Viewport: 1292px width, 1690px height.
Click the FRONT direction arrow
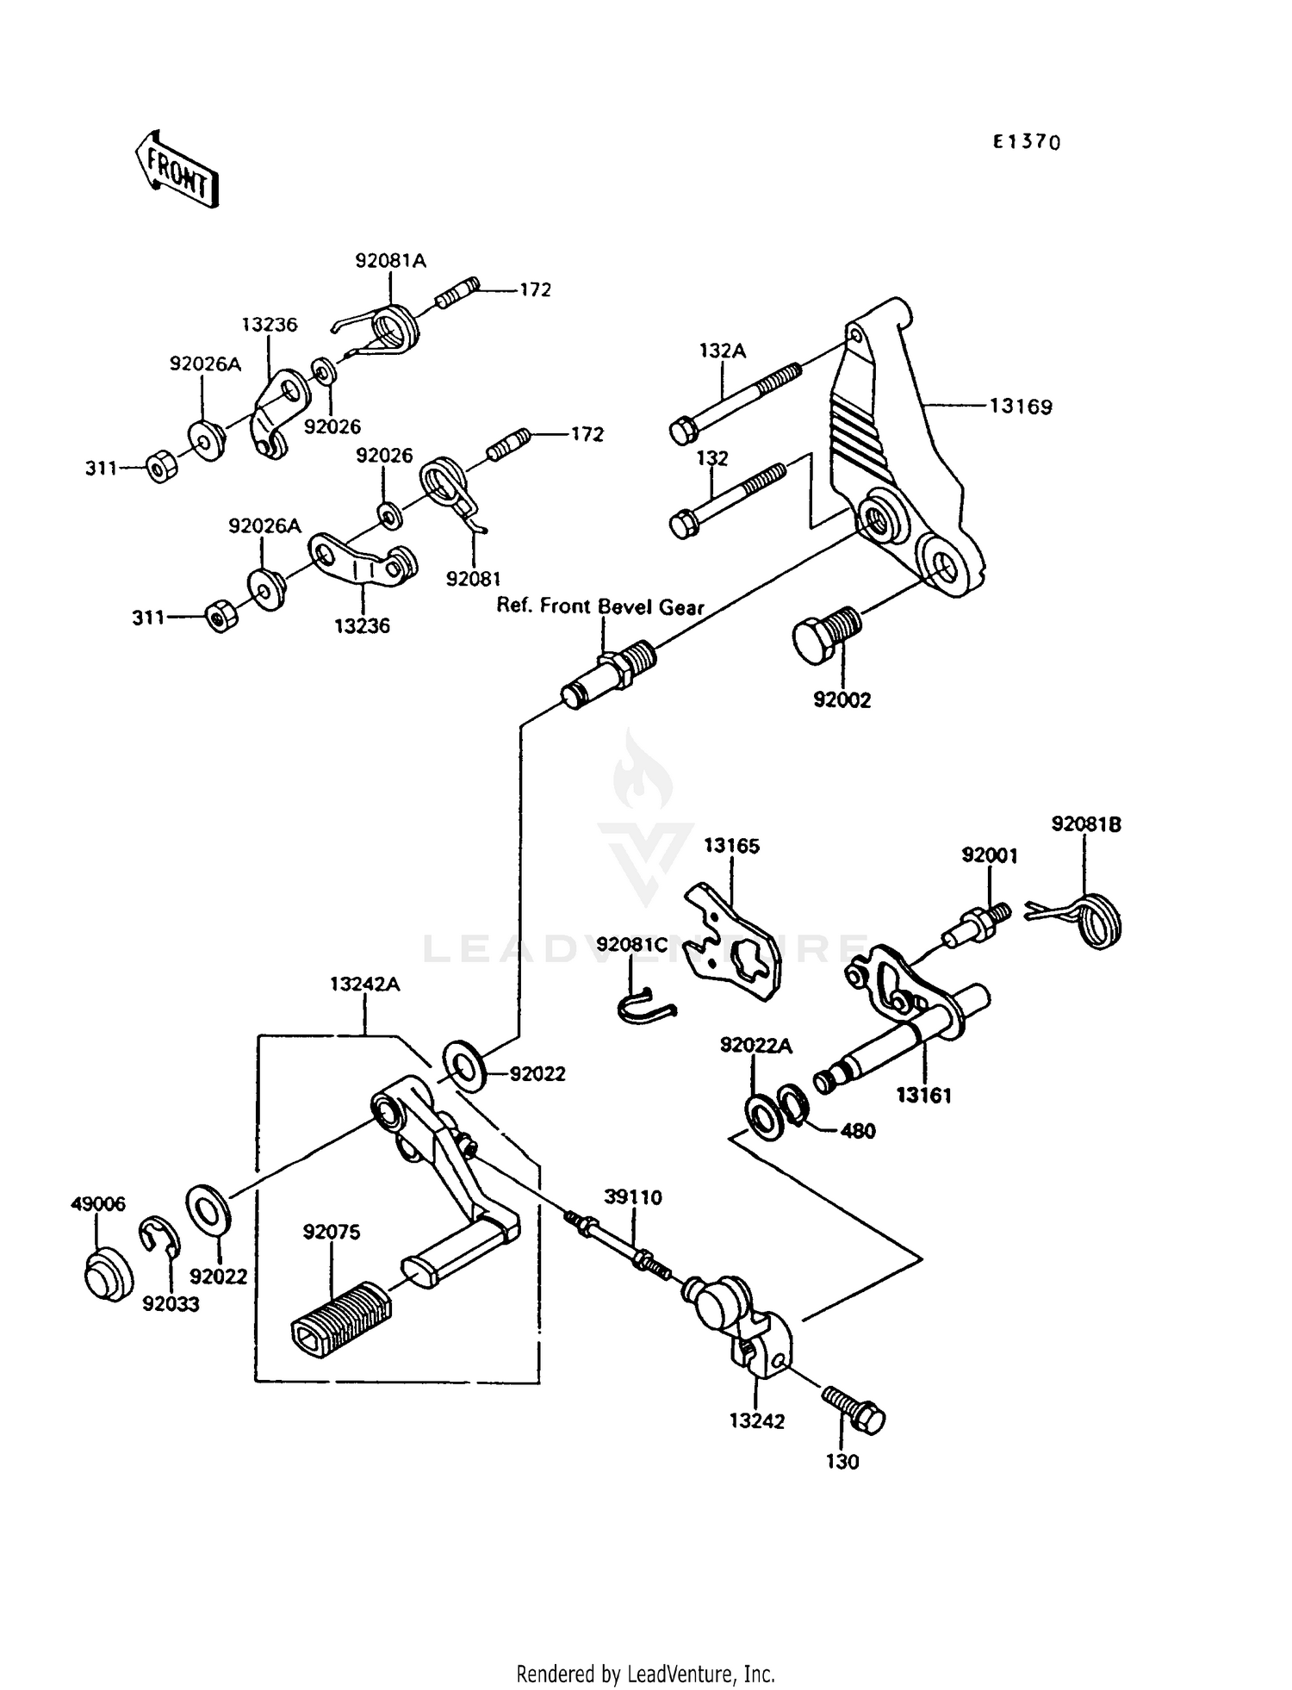pos(177,170)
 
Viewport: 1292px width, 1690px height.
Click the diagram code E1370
pos(1026,143)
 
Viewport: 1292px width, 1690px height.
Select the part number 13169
pos(1021,406)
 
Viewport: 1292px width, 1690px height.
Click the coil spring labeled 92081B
pos(1096,920)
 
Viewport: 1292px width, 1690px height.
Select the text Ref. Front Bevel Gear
pos(600,606)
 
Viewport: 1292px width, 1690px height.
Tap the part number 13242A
pos(364,984)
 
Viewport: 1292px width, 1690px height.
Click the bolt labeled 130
pos(854,1409)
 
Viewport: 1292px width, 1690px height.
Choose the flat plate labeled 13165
pos(734,941)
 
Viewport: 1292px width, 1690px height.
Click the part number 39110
pos(633,1197)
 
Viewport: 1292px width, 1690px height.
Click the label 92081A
pos(390,260)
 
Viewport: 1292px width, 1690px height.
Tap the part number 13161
pos(923,1096)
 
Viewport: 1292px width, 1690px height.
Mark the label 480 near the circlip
pos(858,1131)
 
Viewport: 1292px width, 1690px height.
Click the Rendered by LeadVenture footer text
pos(645,1674)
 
